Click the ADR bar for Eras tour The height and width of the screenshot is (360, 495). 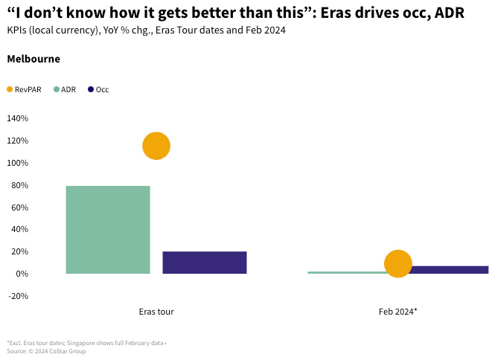(108, 229)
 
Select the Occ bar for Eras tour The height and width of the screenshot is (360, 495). (204, 263)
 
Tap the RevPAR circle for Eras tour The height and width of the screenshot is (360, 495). (156, 146)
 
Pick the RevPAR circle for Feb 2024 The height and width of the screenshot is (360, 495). (398, 263)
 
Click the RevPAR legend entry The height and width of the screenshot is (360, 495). (28, 89)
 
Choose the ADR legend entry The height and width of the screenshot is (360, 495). (68, 89)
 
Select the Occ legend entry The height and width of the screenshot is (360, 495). (102, 89)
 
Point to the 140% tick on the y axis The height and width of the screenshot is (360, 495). (17, 118)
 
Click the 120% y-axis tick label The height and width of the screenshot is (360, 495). (17, 141)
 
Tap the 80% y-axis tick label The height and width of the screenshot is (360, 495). (19, 185)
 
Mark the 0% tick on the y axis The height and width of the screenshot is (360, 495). (21, 274)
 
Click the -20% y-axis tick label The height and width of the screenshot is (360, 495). (17, 296)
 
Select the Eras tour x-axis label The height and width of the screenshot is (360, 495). (156, 312)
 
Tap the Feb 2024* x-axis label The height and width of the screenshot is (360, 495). (397, 312)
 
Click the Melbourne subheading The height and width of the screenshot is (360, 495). (33, 59)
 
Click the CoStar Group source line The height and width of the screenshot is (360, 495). (46, 351)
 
